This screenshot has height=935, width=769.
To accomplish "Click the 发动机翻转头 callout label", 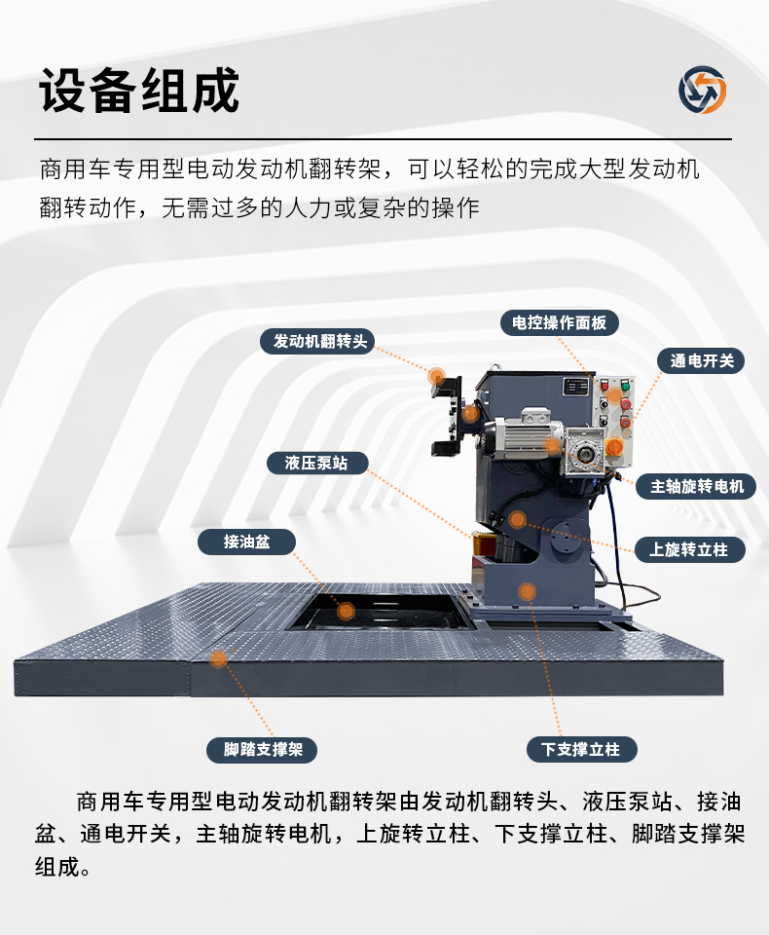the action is (317, 341).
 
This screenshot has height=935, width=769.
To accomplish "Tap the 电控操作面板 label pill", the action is (559, 322).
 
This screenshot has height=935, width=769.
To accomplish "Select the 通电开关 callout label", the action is (701, 360).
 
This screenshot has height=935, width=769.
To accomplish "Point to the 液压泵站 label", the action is (317, 463).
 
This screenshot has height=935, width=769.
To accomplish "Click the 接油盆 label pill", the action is (247, 542).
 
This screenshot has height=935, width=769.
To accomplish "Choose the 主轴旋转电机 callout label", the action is (696, 487).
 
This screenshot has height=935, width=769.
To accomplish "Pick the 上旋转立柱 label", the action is (689, 549).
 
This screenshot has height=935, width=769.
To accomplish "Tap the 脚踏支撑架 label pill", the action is (262, 750).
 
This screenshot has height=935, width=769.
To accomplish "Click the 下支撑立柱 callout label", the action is (581, 750).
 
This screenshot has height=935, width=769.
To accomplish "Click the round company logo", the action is (702, 90).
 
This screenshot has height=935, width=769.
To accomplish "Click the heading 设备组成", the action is (139, 91).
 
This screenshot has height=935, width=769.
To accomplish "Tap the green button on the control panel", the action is (625, 386).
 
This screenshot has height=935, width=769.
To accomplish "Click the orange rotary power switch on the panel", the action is (614, 446).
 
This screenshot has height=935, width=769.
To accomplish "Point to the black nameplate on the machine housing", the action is (575, 387).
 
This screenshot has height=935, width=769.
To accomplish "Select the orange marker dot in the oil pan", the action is (346, 612).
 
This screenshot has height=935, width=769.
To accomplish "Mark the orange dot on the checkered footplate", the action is (218, 658).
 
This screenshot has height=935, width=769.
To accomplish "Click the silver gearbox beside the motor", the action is (584, 451).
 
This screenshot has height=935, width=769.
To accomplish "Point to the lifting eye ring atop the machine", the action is (494, 368).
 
